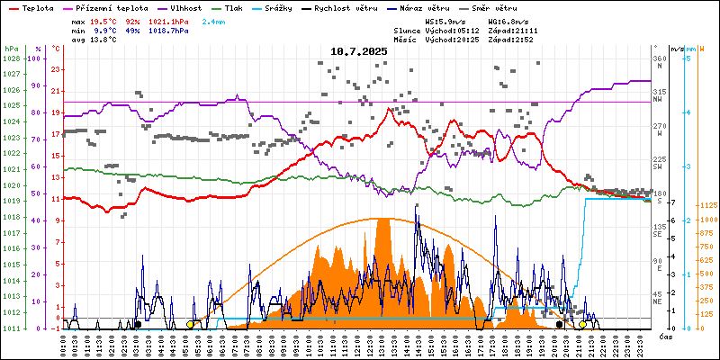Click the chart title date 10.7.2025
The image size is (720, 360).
[x=358, y=51]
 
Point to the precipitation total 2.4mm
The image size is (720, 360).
[x=213, y=20]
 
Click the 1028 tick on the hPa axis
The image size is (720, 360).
[x=12, y=58]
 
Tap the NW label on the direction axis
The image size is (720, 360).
[x=658, y=101]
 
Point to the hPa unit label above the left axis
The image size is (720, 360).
[x=12, y=48]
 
